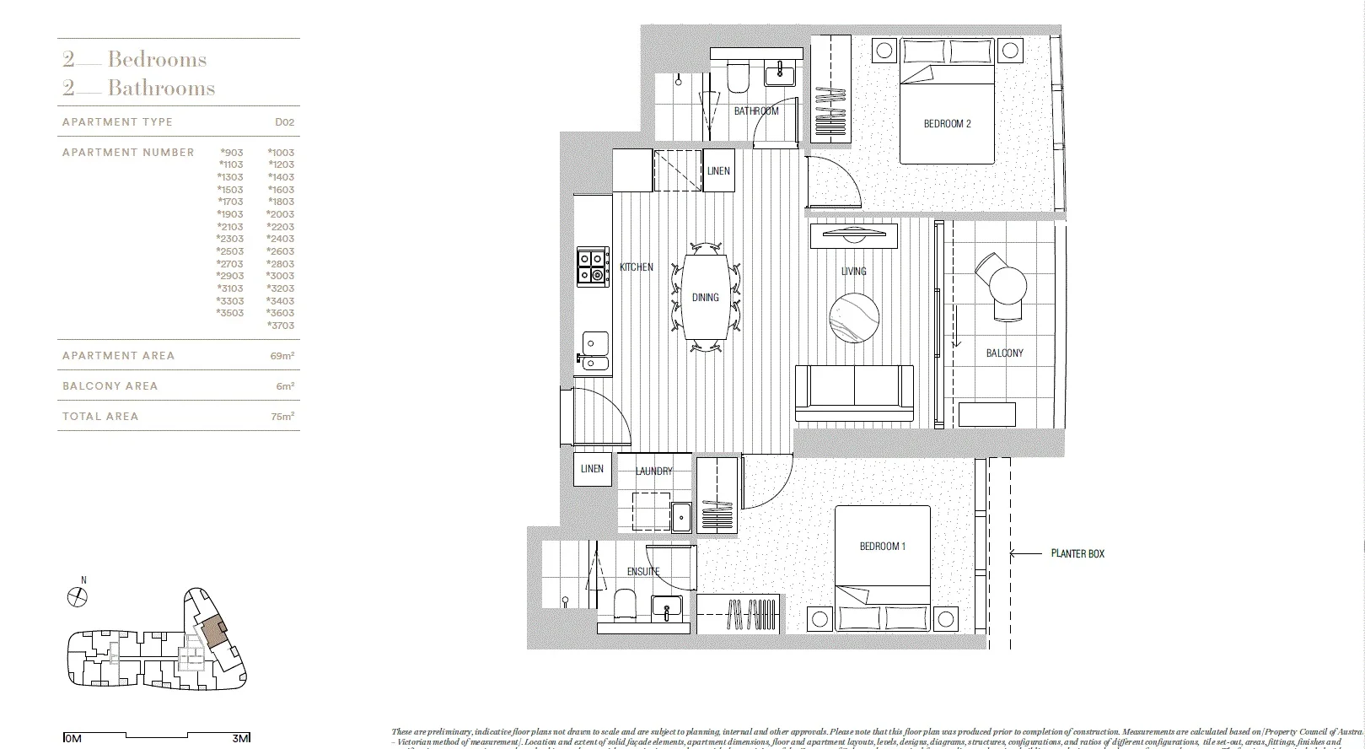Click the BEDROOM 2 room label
947,124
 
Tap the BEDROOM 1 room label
882,547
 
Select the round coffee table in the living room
854,318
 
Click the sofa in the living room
855,393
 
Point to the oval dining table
706,297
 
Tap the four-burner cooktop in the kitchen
592,266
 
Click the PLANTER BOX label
1077,554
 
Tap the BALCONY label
1004,353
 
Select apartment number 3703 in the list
280,326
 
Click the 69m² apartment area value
282,356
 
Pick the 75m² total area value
282,417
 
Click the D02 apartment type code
284,122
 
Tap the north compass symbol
78,596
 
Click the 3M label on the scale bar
240,739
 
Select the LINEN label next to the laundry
592,469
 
